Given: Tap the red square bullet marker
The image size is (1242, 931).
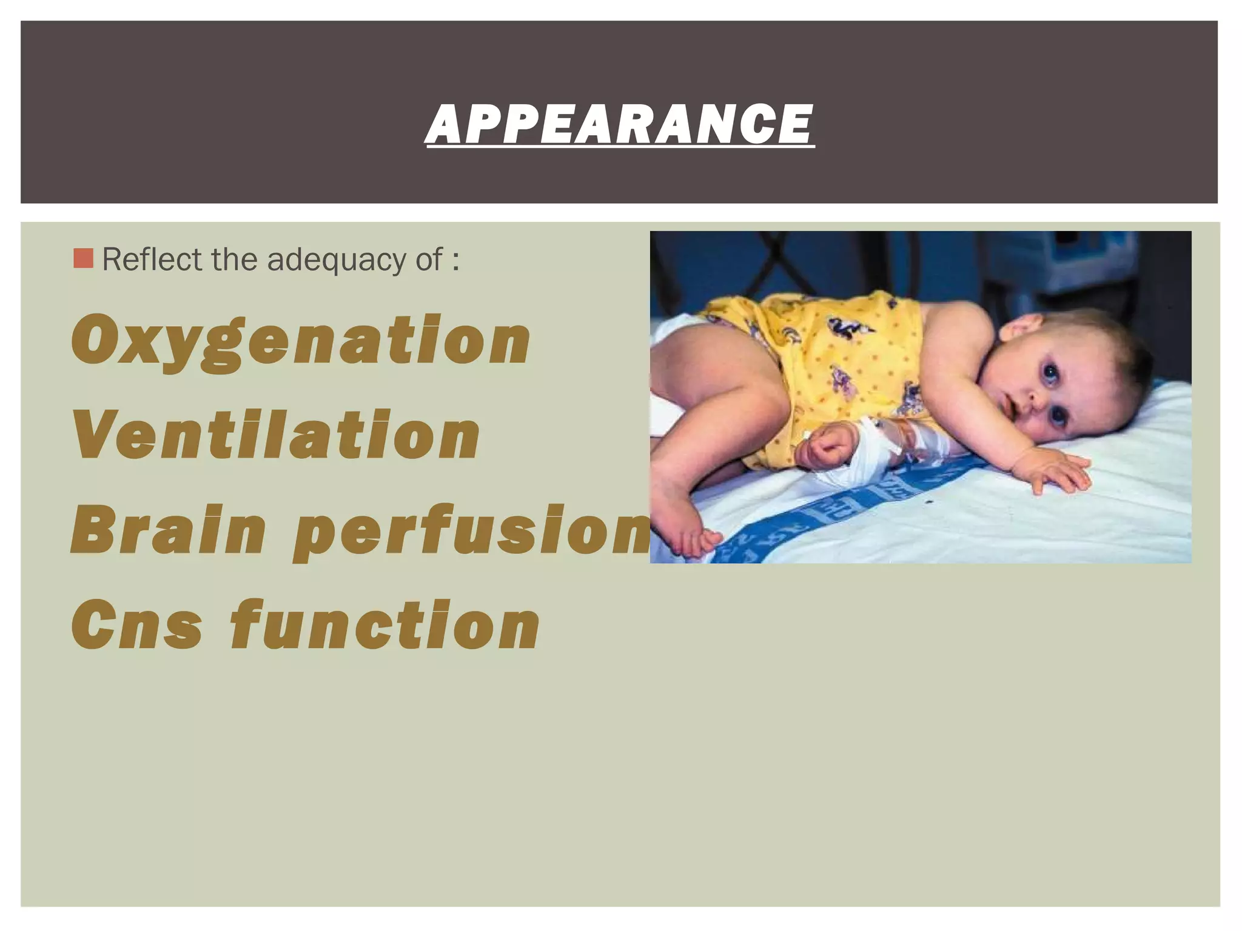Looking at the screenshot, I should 83,259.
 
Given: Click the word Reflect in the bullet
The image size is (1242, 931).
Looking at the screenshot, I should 152,259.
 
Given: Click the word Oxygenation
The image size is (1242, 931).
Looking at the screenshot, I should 301,341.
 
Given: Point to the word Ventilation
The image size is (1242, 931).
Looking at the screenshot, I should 277,435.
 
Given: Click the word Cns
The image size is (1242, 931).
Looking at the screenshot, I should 137,624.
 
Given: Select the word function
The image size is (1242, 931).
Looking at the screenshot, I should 384,624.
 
